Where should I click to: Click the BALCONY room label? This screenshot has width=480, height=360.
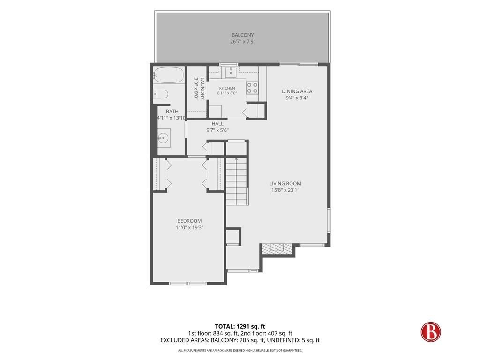pos(242,35)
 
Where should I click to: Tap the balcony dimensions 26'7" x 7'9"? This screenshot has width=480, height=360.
pos(242,42)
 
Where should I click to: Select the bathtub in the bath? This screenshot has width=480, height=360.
pos(169,75)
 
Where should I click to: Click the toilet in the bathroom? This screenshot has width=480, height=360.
pos(160,94)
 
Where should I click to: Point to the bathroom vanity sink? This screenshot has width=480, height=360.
pos(164,138)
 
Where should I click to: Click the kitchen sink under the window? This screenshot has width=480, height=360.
pos(231,72)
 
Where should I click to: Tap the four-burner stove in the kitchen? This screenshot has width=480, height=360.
pos(252,88)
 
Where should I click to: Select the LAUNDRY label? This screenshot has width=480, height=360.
pos(202,88)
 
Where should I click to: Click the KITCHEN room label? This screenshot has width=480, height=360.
pos(227,88)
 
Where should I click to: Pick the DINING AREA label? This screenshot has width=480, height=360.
pos(297,91)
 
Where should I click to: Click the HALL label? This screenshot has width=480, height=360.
pos(217,124)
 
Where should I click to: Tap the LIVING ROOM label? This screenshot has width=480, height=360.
pos(285,183)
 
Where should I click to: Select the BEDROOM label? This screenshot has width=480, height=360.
pos(189,221)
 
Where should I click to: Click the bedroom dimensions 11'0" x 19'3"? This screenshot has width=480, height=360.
pos(189,227)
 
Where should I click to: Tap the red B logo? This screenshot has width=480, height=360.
pos(431,332)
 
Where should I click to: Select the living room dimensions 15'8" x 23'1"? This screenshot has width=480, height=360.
pos(285,190)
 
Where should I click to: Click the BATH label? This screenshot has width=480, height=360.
pos(172,112)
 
